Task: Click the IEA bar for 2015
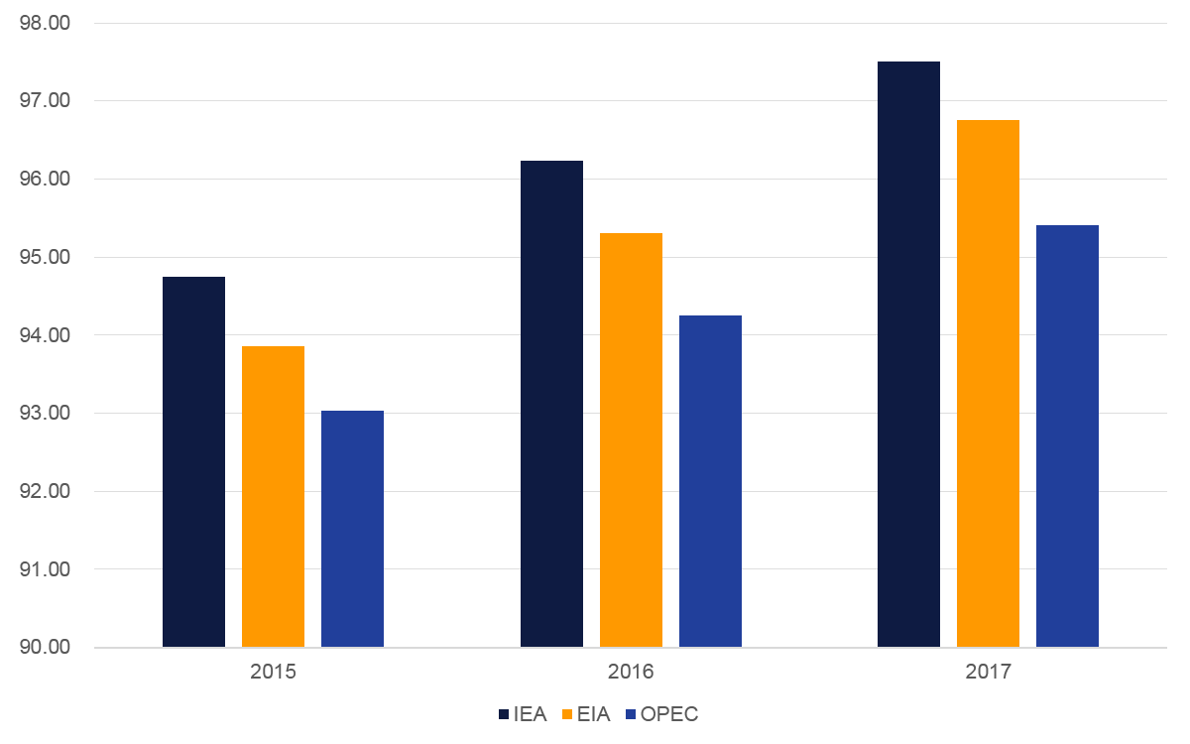pos(193,462)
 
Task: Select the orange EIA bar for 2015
pos(273,497)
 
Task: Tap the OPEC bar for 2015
pos(352,529)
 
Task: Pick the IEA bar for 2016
pos(551,404)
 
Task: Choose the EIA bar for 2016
pos(631,440)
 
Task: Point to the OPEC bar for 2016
pos(710,481)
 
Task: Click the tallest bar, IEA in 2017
pos(908,354)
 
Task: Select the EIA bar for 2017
pos(988,384)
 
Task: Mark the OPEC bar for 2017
pos(1067,436)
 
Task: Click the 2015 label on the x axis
pos(273,673)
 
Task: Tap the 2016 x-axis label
pos(631,673)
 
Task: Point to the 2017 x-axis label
pos(988,673)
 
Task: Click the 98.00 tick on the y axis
pos(45,23)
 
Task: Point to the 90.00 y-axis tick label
pos(45,648)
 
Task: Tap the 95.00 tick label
pos(45,257)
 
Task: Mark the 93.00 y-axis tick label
pos(45,414)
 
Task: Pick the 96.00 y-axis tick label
pos(45,179)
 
